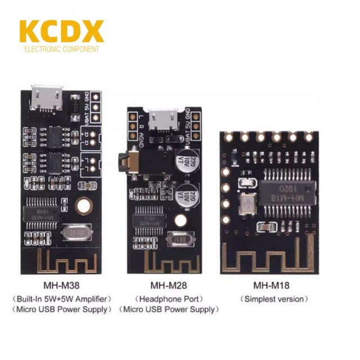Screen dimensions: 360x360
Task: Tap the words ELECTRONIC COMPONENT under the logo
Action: pos(61,49)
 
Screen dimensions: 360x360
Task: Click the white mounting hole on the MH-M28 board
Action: pos(180,221)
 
